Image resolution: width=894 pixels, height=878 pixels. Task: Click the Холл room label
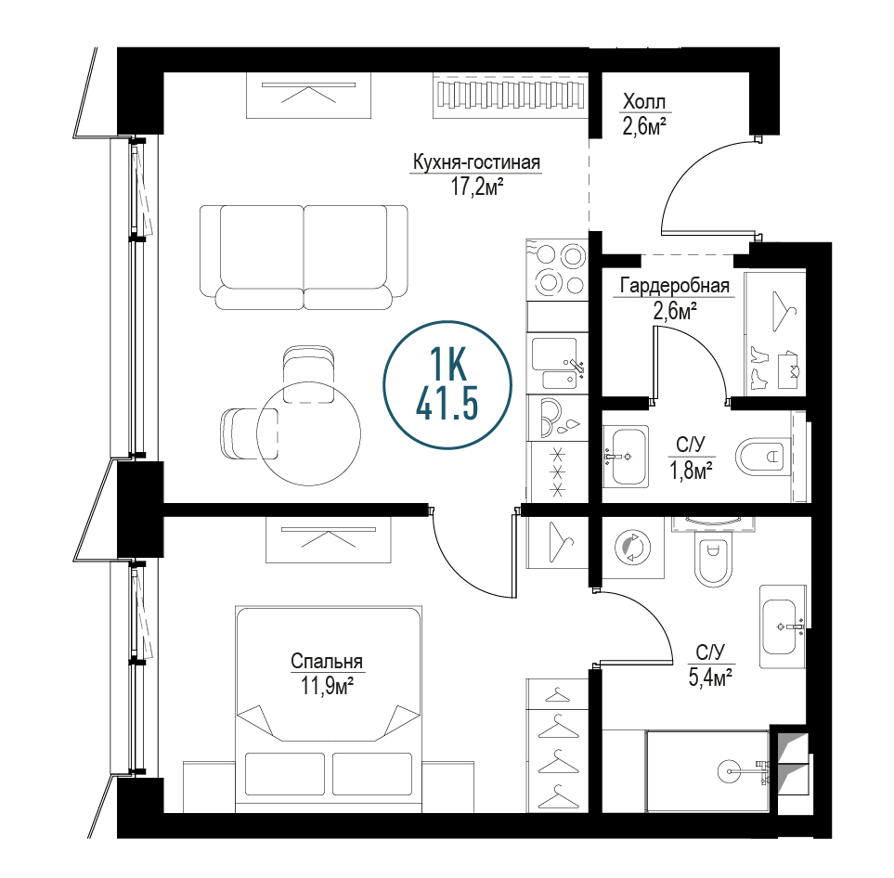[643, 102]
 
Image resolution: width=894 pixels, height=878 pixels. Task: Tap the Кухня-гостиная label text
[476, 162]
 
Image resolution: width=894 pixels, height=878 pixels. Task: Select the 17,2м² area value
[477, 187]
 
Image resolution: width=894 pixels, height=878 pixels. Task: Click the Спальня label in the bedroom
[327, 662]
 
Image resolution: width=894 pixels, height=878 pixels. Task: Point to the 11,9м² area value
[328, 685]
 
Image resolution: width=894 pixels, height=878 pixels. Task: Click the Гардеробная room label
[675, 285]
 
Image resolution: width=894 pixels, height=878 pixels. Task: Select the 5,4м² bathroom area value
[710, 678]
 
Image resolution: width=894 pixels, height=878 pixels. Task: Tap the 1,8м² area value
[691, 471]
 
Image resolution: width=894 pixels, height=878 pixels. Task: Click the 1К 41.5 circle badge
[447, 385]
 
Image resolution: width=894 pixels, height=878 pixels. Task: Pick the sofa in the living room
[304, 257]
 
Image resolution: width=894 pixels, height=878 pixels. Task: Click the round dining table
[308, 433]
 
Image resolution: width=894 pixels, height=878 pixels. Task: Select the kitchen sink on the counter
[557, 363]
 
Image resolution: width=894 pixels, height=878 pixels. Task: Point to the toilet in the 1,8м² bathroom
[763, 457]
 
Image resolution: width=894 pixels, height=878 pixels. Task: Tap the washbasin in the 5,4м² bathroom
[783, 626]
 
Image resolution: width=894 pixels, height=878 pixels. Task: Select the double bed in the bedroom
[329, 709]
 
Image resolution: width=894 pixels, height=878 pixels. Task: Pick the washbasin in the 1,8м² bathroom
[626, 457]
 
